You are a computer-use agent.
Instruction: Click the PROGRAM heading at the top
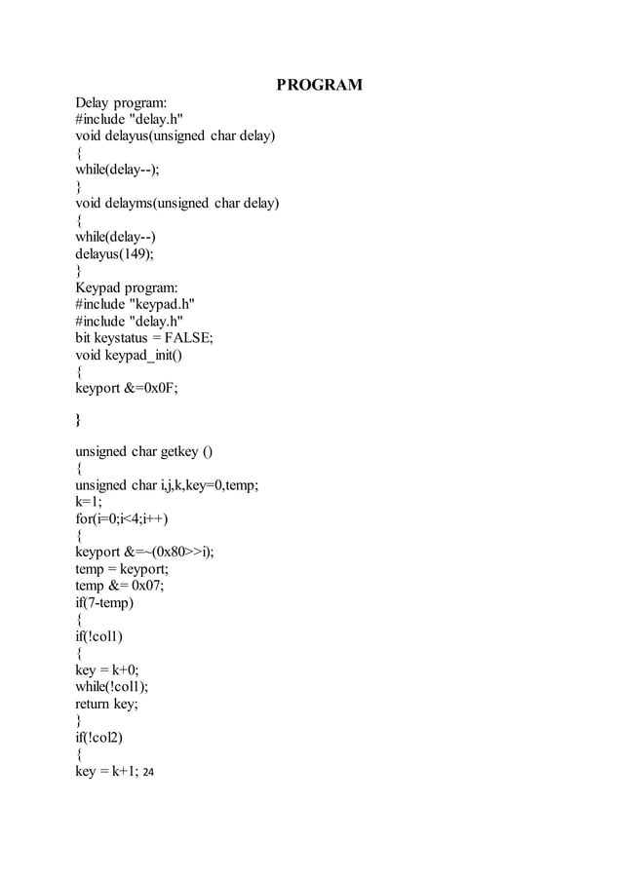coord(319,85)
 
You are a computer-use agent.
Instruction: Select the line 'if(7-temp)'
coord(104,602)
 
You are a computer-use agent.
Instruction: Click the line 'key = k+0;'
coord(107,669)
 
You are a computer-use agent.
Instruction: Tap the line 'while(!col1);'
coord(113,686)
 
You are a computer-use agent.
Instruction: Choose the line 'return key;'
coord(107,703)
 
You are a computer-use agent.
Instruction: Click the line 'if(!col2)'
coord(100,737)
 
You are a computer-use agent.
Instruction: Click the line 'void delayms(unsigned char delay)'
coord(177,204)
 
